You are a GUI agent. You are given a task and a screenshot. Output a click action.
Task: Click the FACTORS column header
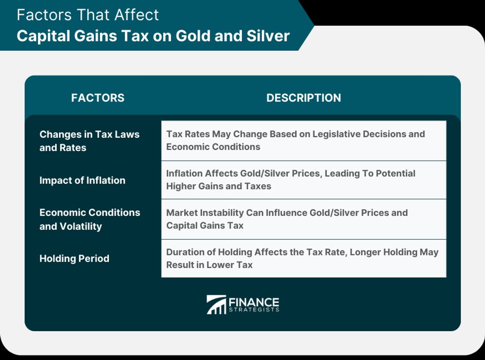click(x=98, y=98)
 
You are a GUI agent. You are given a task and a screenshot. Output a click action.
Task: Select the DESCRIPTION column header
click(x=304, y=98)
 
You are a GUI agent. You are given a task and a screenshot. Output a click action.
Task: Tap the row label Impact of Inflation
click(x=82, y=180)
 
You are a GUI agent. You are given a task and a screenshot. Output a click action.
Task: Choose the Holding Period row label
click(x=74, y=259)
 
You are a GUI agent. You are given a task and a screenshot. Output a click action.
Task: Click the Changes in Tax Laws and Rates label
click(x=90, y=141)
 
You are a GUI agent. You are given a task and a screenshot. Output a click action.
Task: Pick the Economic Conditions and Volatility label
click(x=90, y=219)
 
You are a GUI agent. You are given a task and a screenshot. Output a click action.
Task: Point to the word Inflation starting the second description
click(x=184, y=173)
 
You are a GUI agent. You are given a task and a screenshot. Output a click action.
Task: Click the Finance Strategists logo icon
click(x=216, y=305)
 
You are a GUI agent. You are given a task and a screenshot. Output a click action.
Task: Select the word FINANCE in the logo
click(x=254, y=302)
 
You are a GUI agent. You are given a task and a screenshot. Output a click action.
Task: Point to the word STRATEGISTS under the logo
click(x=254, y=310)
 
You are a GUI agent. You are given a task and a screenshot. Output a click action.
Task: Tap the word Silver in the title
click(x=268, y=36)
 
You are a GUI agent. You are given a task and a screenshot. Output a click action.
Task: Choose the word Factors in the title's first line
click(x=44, y=15)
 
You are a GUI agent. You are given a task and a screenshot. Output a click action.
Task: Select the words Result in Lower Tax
click(x=209, y=265)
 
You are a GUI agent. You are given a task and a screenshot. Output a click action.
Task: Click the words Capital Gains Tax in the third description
click(x=205, y=226)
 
